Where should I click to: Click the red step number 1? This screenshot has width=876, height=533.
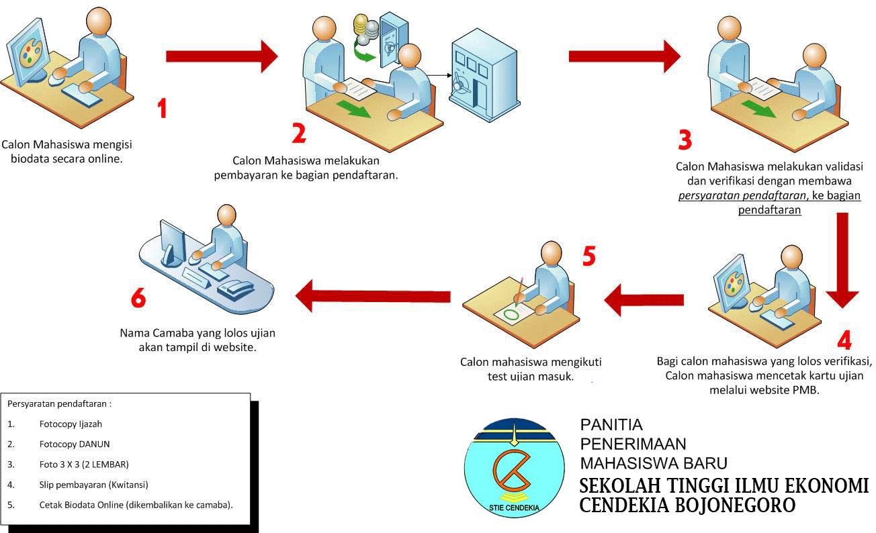[163, 108]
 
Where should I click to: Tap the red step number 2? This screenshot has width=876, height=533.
[299, 133]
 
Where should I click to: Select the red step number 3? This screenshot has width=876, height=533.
[685, 140]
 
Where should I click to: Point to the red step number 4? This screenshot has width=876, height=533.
[844, 340]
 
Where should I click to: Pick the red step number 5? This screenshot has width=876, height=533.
[589, 256]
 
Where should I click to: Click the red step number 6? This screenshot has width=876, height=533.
[138, 298]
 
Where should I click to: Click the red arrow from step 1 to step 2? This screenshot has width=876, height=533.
[222, 56]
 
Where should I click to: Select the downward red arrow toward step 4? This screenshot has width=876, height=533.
[842, 260]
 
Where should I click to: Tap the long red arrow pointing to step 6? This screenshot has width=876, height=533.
[373, 296]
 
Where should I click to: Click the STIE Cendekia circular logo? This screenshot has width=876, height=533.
[515, 468]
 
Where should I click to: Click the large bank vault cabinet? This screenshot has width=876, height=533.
[484, 75]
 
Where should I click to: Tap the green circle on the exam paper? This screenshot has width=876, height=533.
[511, 314]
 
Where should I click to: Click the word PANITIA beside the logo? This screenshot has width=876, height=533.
[611, 425]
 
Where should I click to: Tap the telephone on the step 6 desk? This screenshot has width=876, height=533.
[235, 289]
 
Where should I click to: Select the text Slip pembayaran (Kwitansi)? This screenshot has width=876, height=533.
[94, 485]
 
